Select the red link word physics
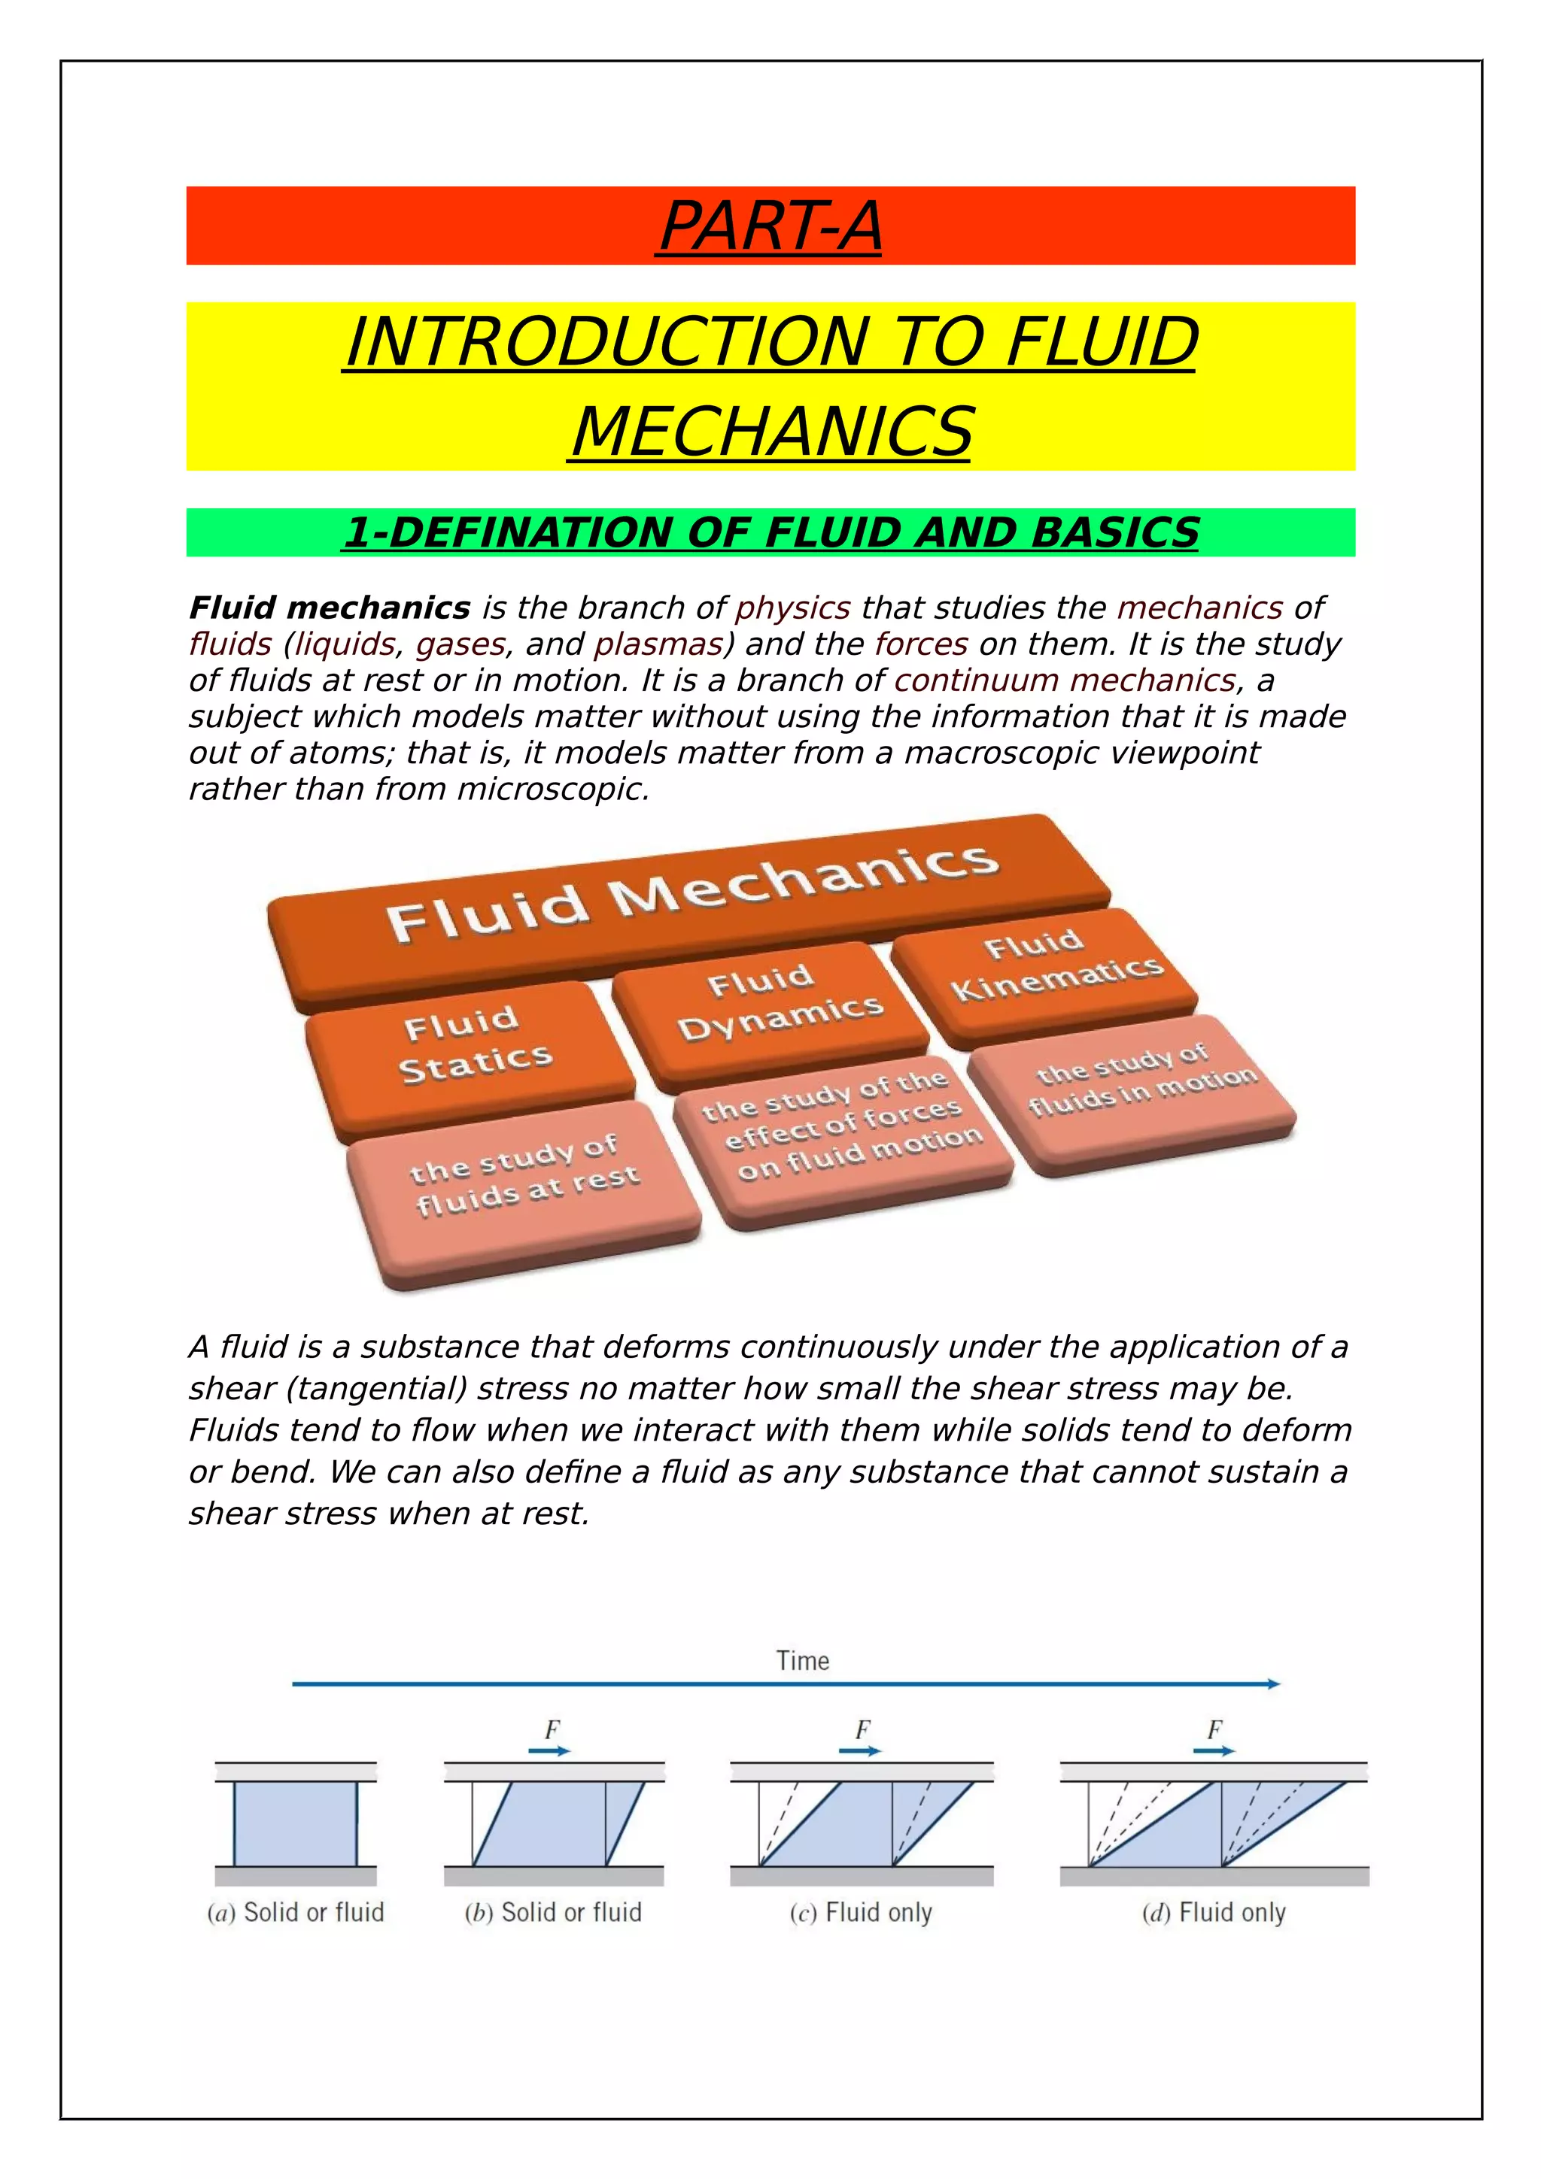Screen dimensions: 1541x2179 click(793, 608)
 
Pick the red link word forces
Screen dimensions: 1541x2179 click(921, 644)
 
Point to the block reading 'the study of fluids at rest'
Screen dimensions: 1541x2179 click(524, 1177)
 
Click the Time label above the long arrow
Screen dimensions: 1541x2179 click(802, 1661)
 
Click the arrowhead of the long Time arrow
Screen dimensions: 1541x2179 click(1273, 1683)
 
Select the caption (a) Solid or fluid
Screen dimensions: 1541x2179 click(295, 1912)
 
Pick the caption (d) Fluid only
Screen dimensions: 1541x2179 click(1214, 1912)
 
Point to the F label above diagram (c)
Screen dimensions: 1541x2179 click(862, 1729)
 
